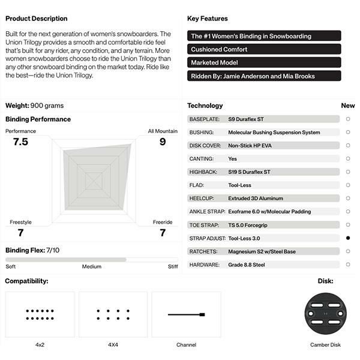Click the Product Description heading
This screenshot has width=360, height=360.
coord(36,19)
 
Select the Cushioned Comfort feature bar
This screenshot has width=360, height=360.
coord(264,49)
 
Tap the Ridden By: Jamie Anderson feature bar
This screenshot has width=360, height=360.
coord(264,76)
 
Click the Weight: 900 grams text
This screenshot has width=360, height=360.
coord(34,106)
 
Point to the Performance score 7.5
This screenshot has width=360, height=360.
coord(20,142)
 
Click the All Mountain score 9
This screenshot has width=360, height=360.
coord(163,142)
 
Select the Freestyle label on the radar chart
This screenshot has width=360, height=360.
coord(20,223)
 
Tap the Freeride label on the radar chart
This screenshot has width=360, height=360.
coord(163,223)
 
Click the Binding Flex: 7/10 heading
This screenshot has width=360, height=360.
coord(32,250)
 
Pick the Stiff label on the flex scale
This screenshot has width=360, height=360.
coord(173,266)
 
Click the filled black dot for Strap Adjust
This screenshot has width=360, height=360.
coord(348,238)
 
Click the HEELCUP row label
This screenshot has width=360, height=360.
coord(202,199)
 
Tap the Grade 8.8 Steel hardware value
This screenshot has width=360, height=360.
coord(247,265)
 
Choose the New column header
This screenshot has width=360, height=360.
coord(348,106)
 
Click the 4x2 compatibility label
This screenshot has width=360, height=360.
coord(40,345)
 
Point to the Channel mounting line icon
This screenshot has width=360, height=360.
coord(187,314)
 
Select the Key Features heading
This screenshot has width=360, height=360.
coord(208,19)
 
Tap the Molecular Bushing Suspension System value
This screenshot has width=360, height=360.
coord(274,133)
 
